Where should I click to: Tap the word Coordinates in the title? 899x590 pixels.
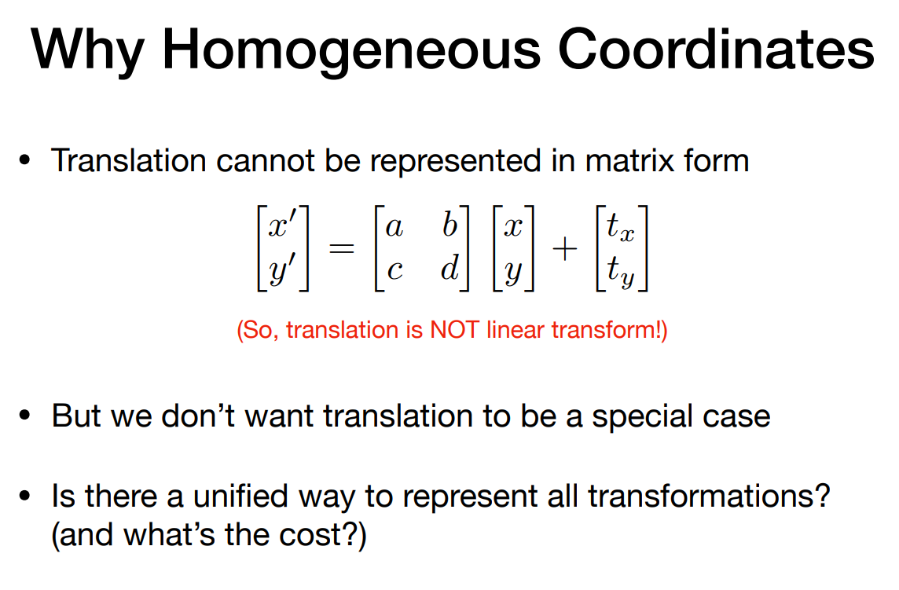pyautogui.click(x=716, y=49)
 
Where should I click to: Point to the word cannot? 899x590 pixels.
pyautogui.click(x=265, y=161)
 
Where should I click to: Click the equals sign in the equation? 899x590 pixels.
pyautogui.click(x=341, y=249)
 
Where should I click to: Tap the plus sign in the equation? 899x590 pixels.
pyautogui.click(x=565, y=249)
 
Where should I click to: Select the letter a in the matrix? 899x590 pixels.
pyautogui.click(x=394, y=228)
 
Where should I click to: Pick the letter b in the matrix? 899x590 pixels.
pyautogui.click(x=450, y=224)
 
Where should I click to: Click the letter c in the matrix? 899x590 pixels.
pyautogui.click(x=394, y=270)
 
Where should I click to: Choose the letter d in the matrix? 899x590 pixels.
pyautogui.click(x=450, y=266)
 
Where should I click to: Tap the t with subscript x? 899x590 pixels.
pyautogui.click(x=621, y=227)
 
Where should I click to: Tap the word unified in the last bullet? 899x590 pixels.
pyautogui.click(x=240, y=496)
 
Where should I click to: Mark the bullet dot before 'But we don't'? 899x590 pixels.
pyautogui.click(x=24, y=415)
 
